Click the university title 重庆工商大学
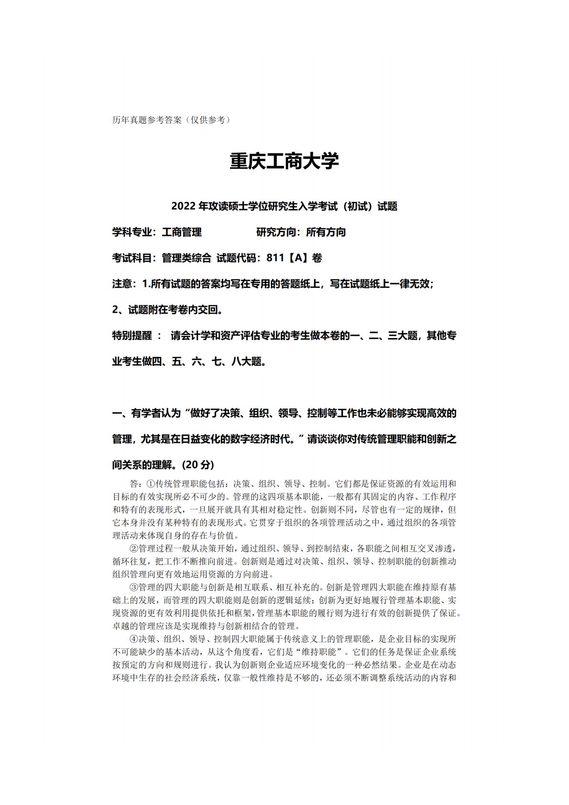click(x=284, y=162)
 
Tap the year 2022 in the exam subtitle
click(x=181, y=207)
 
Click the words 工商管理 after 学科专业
click(x=182, y=232)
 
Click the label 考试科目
click(x=132, y=258)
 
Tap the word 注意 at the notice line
click(x=122, y=284)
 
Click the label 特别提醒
click(x=132, y=336)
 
